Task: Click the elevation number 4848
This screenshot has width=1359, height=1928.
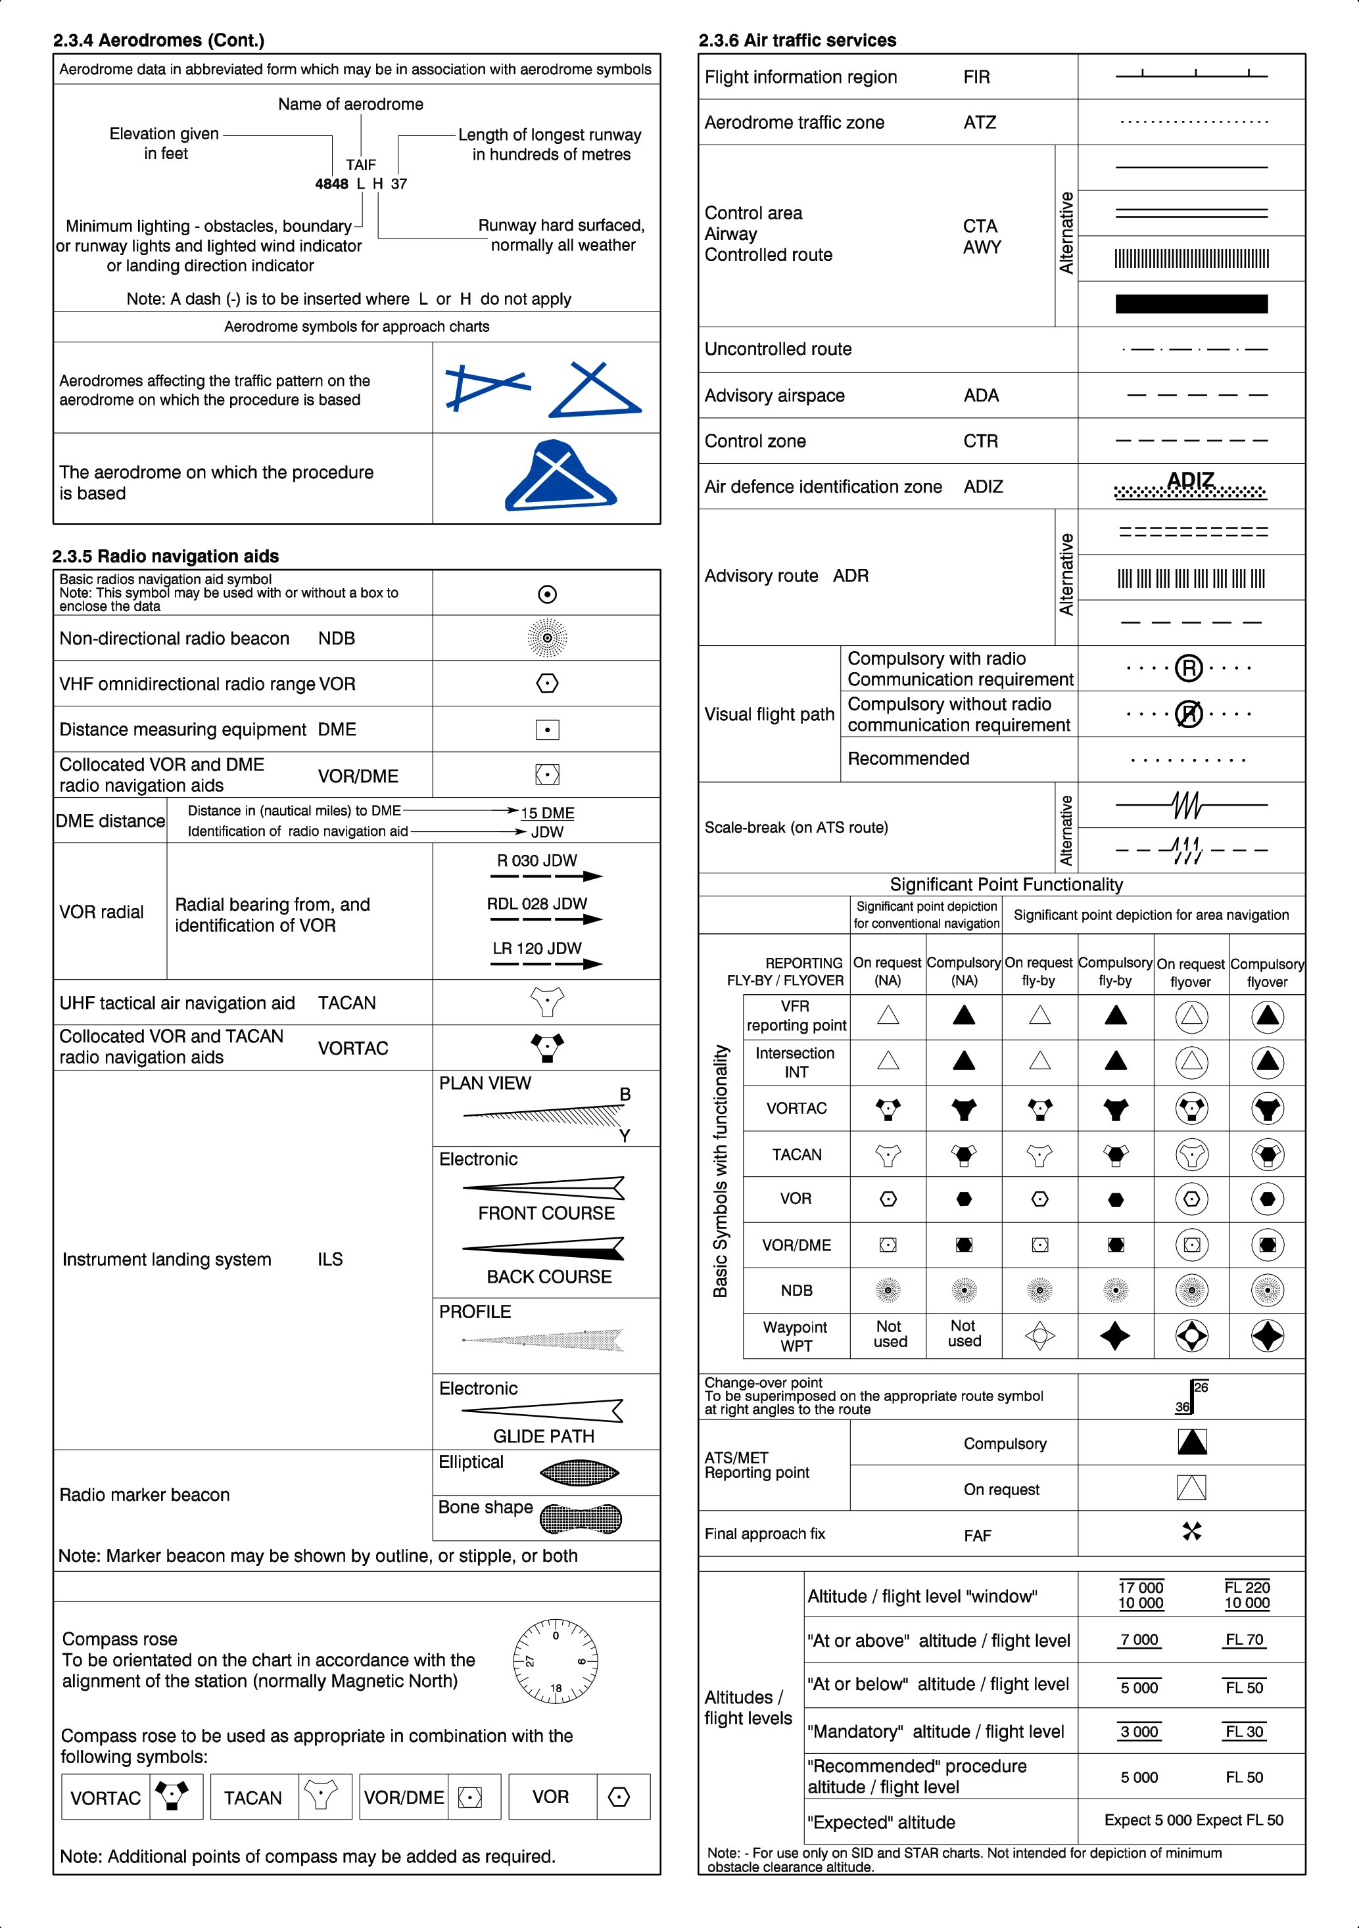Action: point(332,184)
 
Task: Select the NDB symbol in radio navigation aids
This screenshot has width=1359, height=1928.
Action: point(547,638)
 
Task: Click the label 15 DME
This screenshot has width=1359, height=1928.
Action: point(548,813)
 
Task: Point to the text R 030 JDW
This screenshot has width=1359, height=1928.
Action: point(536,861)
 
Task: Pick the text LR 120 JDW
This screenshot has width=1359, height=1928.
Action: point(536,949)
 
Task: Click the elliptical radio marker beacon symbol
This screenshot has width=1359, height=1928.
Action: point(579,1472)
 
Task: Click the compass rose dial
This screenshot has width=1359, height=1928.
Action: point(555,1661)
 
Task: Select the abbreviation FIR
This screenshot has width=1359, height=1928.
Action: point(977,78)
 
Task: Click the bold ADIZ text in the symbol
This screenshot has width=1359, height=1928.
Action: point(1191,480)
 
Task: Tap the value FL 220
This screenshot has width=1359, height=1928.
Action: point(1247,1587)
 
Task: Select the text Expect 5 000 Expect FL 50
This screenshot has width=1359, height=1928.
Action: point(1193,1820)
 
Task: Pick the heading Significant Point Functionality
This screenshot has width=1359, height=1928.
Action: point(1006,885)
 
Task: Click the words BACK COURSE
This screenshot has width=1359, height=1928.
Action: point(549,1277)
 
